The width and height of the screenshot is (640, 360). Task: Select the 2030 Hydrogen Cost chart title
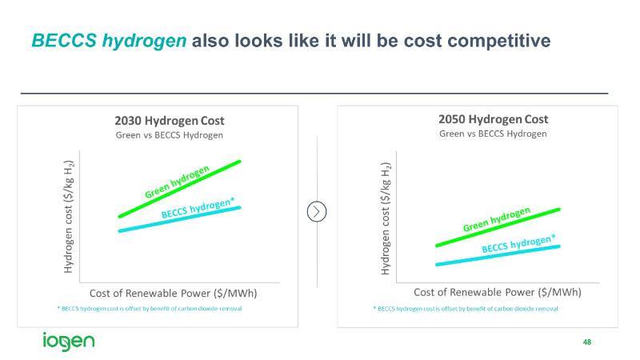[x=169, y=121]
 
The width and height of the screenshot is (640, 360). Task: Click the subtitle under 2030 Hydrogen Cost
[x=169, y=135]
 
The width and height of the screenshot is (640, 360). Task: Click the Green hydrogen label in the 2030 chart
[x=177, y=182]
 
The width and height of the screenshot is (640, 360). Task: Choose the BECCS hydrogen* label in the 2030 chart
[x=198, y=210]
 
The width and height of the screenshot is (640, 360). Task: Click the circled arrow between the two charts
[x=318, y=211]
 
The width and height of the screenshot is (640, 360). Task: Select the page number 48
[x=587, y=342]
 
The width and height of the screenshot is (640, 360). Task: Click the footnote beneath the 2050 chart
[x=466, y=309]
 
